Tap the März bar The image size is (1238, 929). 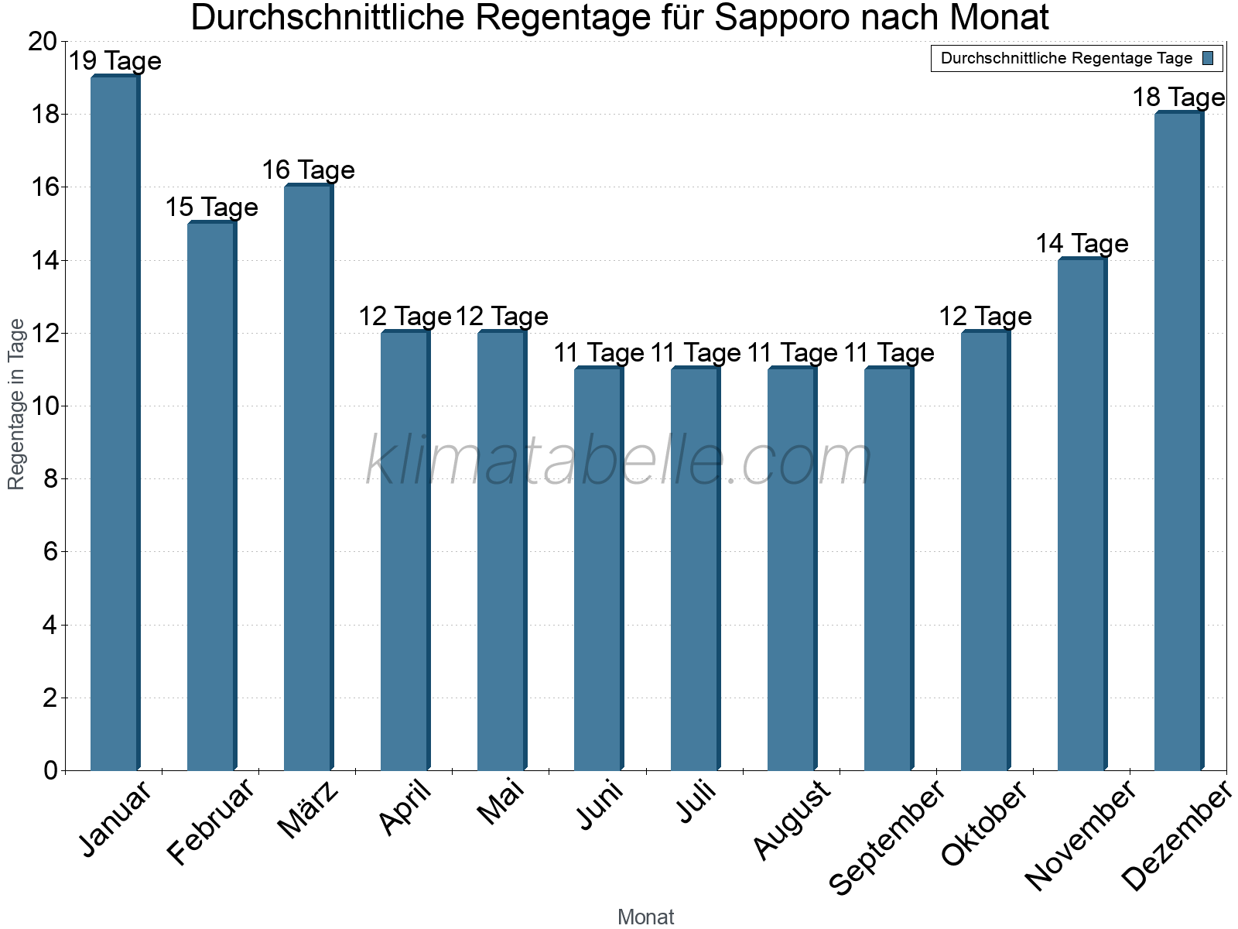308,478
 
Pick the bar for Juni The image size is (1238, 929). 598,569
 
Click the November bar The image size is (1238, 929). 1082,514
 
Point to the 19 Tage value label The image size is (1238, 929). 115,60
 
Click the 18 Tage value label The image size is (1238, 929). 1178,98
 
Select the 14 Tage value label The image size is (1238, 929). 1082,244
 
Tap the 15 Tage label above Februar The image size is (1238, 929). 211,207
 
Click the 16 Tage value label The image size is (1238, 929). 308,170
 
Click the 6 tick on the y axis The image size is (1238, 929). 50,552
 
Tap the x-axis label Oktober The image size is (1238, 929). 984,824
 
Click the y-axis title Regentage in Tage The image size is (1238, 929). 16,404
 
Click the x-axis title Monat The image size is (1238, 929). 645,917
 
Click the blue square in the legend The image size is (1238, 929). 1208,58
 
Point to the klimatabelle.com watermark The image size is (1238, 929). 618,461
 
